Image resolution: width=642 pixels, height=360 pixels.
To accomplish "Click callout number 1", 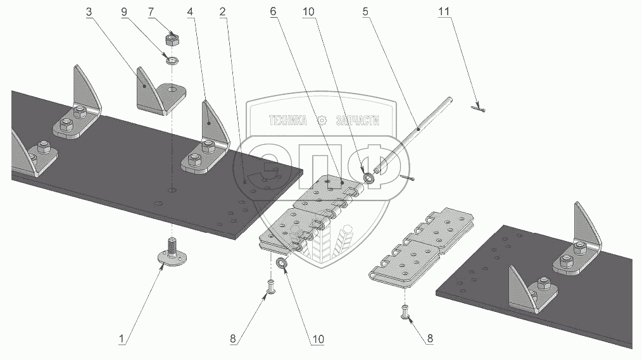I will (120, 339).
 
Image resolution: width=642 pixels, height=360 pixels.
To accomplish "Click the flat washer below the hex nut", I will (170, 60).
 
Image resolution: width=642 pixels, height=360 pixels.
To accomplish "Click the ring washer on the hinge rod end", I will (369, 178).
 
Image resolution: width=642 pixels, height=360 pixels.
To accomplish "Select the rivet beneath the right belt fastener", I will (405, 311).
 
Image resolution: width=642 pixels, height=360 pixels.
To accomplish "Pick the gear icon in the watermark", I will (323, 120).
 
